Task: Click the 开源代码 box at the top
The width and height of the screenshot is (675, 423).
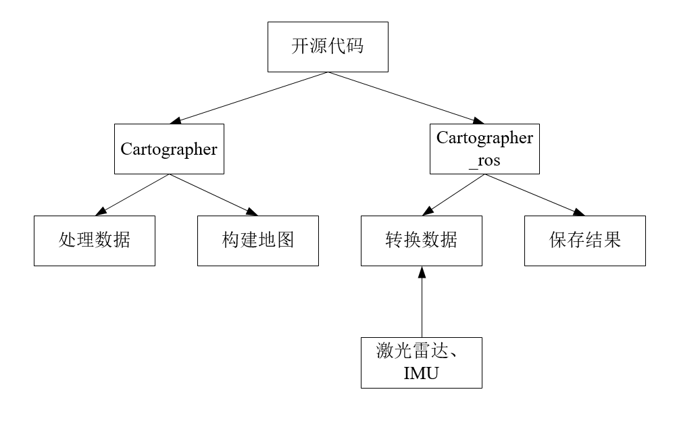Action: [328, 47]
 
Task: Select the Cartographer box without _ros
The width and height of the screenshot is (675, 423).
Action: [169, 149]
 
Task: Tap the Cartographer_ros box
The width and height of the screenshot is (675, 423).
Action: [484, 149]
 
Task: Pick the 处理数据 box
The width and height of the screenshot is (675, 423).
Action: [95, 241]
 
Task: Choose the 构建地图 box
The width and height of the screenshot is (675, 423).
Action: [257, 241]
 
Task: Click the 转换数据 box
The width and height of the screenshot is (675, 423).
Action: [421, 241]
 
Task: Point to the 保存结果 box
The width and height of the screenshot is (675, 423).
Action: [584, 241]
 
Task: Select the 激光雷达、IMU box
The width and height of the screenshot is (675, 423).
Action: [421, 362]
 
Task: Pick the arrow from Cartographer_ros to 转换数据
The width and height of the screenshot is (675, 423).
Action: [453, 195]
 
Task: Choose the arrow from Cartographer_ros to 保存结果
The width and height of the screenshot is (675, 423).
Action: [534, 195]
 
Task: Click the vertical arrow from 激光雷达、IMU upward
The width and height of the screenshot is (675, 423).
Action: [421, 304]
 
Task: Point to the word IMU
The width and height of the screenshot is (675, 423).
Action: [421, 374]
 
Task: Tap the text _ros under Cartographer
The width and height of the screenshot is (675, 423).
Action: [484, 161]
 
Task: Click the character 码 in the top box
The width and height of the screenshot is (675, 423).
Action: [355, 47]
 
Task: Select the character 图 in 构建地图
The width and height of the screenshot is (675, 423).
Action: [285, 241]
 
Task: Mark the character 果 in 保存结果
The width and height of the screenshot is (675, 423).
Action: [612, 241]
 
